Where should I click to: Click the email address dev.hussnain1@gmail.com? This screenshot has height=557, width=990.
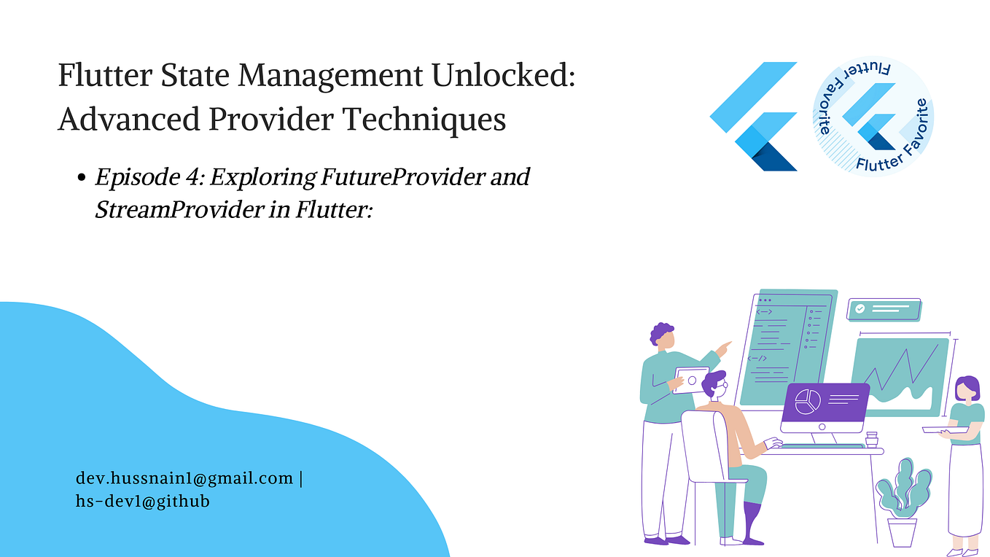[x=184, y=478]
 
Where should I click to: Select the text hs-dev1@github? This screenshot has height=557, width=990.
[x=143, y=501]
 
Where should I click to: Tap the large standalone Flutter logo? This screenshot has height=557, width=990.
[x=754, y=117]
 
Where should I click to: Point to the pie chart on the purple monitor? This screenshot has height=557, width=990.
[x=807, y=401]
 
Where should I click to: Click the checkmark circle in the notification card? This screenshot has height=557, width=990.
[x=860, y=309]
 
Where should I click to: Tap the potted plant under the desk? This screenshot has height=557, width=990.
[x=903, y=503]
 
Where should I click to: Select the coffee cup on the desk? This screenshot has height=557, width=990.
[x=871, y=440]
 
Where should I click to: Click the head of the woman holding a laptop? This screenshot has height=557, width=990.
[x=967, y=388]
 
